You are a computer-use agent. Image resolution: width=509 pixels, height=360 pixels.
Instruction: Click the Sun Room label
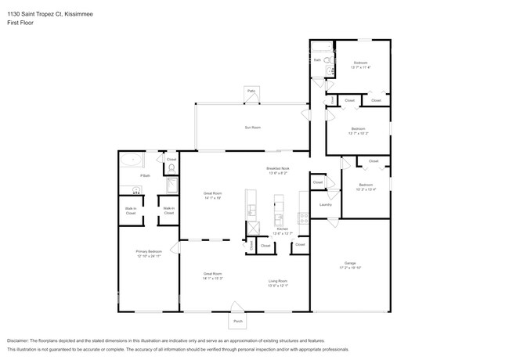[x=251, y=127]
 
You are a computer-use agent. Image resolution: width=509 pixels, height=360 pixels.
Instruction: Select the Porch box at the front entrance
[x=238, y=321]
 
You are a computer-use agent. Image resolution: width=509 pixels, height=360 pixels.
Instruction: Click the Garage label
[x=350, y=262]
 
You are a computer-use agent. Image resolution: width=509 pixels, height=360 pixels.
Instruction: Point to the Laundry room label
[x=326, y=205]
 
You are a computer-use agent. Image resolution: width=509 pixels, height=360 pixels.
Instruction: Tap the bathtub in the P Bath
[x=131, y=161]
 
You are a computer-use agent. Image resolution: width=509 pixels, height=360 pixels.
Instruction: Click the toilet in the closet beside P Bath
[x=171, y=169]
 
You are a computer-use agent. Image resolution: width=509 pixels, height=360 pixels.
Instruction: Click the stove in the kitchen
[x=302, y=217]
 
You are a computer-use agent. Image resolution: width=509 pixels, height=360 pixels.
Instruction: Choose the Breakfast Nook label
[x=279, y=168]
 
